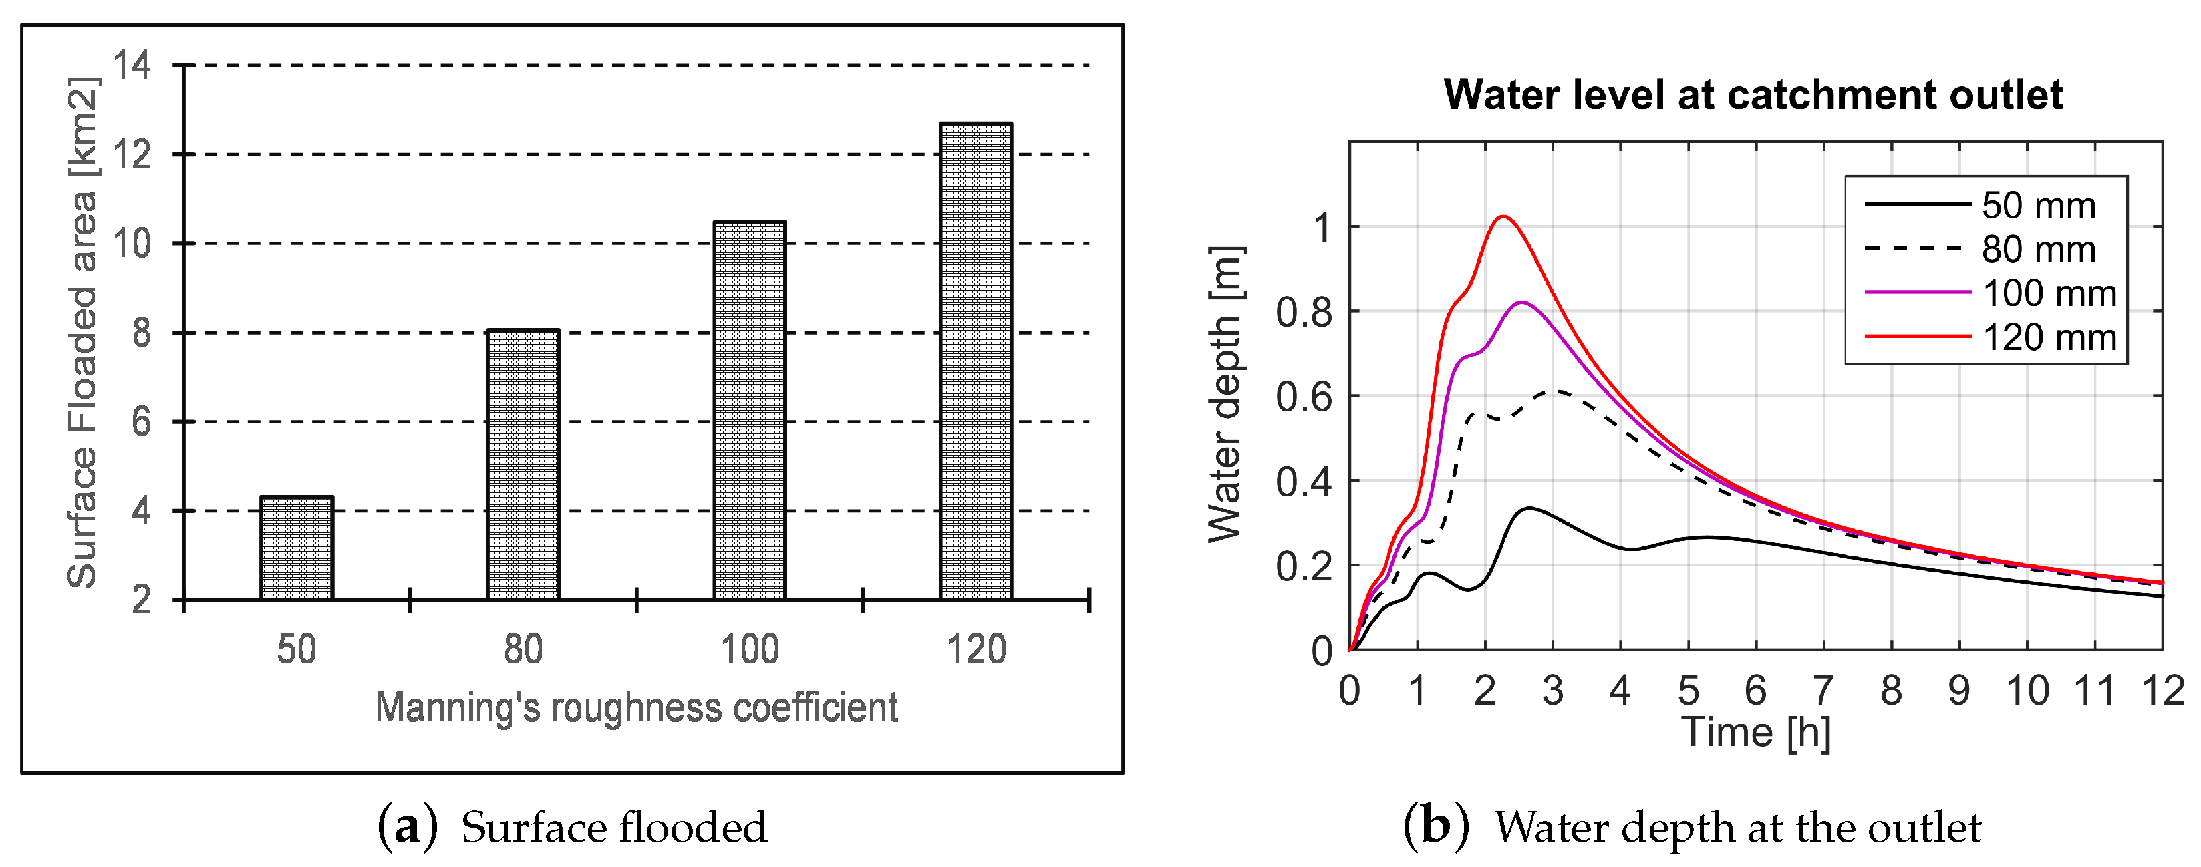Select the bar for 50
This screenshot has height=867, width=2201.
pyautogui.click(x=297, y=548)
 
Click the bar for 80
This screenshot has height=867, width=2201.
pyautogui.click(x=523, y=465)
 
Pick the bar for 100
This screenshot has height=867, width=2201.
pyautogui.click(x=749, y=411)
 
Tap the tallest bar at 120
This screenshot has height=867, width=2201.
pyautogui.click(x=976, y=361)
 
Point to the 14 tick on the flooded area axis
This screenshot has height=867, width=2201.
pyautogui.click(x=132, y=65)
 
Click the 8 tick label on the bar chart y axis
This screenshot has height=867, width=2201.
pyautogui.click(x=141, y=333)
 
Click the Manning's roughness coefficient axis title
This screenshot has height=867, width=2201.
pyautogui.click(x=637, y=708)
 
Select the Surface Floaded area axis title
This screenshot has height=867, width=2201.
pyautogui.click(x=83, y=333)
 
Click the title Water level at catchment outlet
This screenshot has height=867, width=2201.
pyautogui.click(x=1753, y=94)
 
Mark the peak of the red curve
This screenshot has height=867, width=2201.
pyautogui.click(x=1503, y=216)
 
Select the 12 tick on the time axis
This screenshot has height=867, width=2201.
pyautogui.click(x=2162, y=690)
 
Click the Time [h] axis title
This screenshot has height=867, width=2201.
pyautogui.click(x=1756, y=733)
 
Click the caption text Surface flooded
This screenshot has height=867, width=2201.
pyautogui.click(x=613, y=828)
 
